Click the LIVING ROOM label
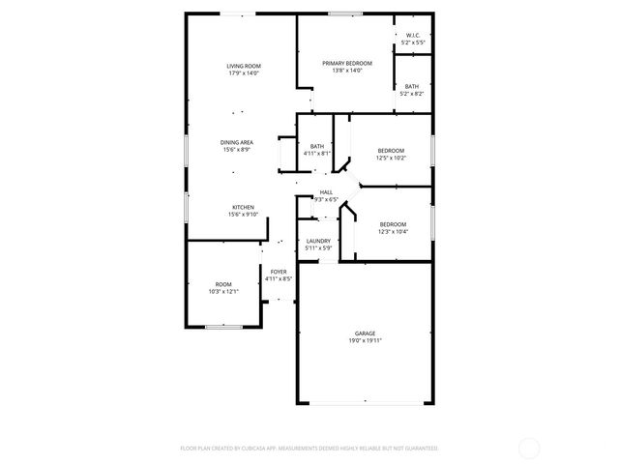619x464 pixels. click(x=245, y=66)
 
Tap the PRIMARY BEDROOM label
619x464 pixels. click(x=347, y=64)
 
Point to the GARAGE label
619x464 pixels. click(x=364, y=333)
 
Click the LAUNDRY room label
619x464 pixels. click(x=318, y=241)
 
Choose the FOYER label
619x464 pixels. click(x=279, y=272)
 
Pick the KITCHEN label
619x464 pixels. click(x=242, y=207)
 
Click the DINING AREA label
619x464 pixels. click(x=237, y=142)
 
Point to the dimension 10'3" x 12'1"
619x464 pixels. click(x=222, y=291)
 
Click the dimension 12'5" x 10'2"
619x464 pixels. click(x=391, y=158)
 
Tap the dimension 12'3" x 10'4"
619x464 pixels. click(x=392, y=231)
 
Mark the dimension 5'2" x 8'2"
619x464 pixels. click(x=413, y=94)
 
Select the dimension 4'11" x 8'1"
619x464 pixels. click(x=317, y=153)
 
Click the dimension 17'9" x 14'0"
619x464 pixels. click(x=245, y=72)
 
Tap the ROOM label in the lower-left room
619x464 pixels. click(x=222, y=284)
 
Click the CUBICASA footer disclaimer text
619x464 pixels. click(x=309, y=449)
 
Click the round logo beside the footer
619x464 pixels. click(x=529, y=448)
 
